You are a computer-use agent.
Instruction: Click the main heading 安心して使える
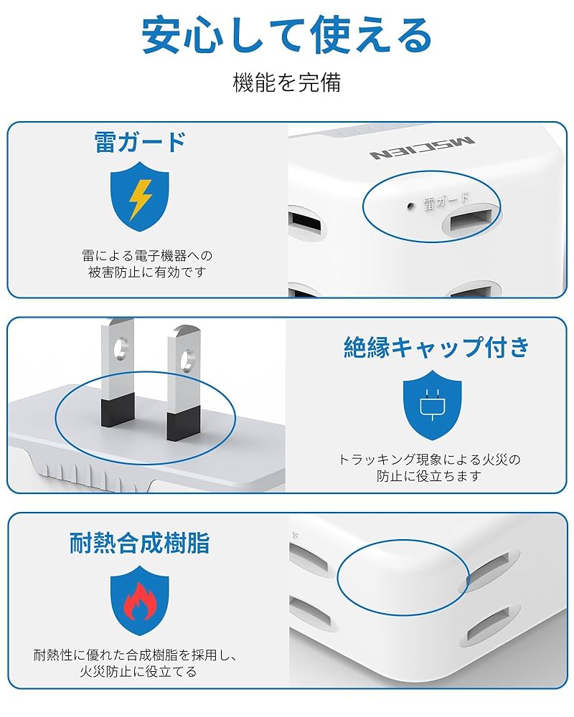[x=287, y=36]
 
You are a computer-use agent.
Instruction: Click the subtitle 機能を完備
[x=287, y=82]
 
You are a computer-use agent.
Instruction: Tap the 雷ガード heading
[x=141, y=141]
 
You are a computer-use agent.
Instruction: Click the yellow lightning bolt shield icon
[x=140, y=196]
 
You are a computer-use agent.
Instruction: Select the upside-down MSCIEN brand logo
[x=422, y=149]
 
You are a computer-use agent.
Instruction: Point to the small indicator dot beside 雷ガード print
[x=410, y=206]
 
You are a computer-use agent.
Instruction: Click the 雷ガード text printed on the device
[x=446, y=201]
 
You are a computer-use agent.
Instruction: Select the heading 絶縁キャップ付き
[x=436, y=347]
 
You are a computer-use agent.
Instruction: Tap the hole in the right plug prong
[x=187, y=356]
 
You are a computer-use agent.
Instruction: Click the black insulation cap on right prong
[x=182, y=424]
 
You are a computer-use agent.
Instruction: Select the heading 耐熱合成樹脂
[x=140, y=543]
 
